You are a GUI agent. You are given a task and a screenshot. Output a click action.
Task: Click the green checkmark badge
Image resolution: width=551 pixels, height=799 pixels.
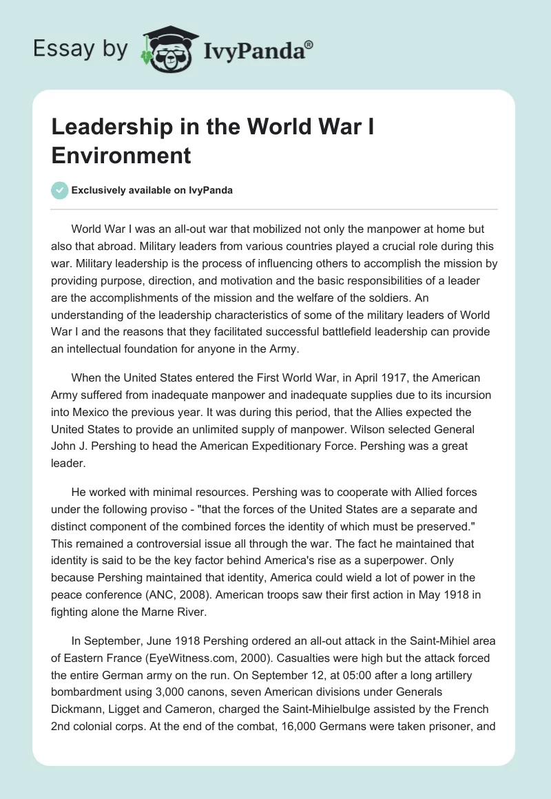60,190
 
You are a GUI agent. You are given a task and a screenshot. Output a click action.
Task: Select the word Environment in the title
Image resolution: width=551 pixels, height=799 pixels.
121,155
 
